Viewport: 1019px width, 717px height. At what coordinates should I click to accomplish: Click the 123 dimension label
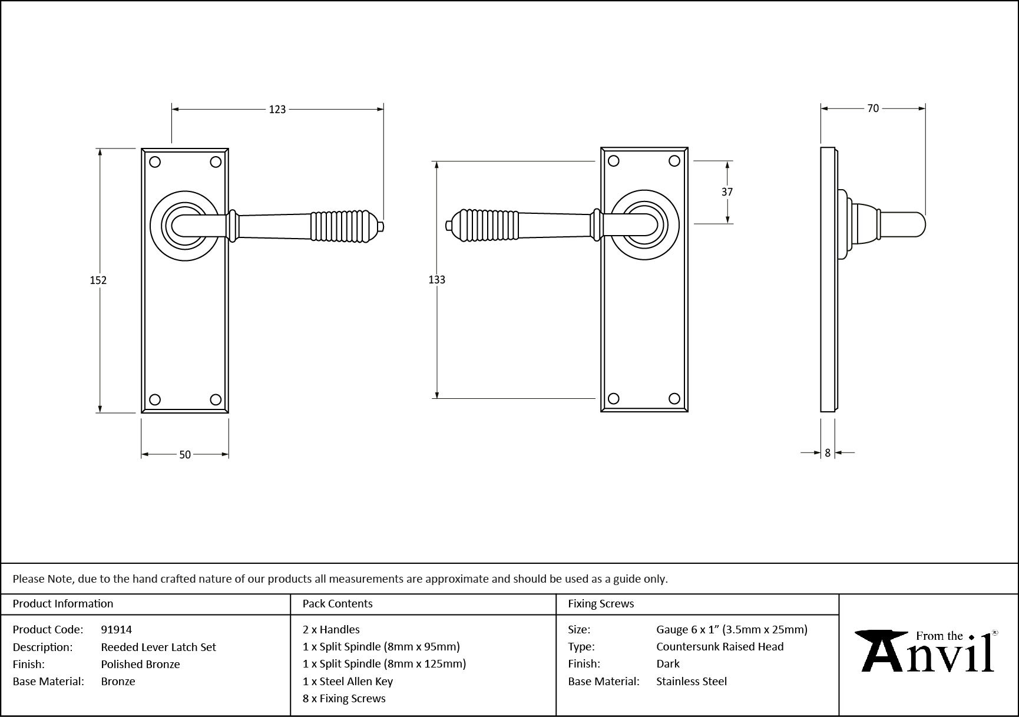(x=277, y=109)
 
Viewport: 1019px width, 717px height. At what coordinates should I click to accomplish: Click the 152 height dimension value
(x=98, y=280)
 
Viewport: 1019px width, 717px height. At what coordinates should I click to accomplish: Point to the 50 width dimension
(x=185, y=454)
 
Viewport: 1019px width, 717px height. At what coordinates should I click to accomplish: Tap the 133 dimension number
(x=436, y=280)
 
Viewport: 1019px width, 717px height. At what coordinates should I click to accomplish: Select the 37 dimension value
(x=727, y=192)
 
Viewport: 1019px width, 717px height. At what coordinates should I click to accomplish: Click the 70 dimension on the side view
(x=872, y=108)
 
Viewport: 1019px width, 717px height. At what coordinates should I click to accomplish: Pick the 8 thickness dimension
(x=828, y=452)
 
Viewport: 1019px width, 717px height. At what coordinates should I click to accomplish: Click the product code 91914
(x=117, y=629)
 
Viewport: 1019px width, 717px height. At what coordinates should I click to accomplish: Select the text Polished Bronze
(x=140, y=664)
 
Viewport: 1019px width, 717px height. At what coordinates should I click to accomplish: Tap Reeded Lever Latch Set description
(x=158, y=647)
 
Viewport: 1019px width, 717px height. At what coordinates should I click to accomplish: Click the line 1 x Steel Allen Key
(x=348, y=681)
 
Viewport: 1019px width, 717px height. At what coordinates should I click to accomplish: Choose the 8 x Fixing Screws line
(x=344, y=698)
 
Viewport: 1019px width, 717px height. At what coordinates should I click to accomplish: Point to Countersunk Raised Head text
(x=720, y=646)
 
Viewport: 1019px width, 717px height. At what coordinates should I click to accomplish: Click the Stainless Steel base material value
(x=692, y=681)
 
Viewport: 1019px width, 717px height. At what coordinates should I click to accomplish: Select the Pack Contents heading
(x=338, y=603)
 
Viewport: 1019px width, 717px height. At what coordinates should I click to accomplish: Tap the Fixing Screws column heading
(x=601, y=603)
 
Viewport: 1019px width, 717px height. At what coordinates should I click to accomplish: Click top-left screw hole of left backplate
(x=155, y=161)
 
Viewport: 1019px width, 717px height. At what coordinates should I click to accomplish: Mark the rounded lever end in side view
(x=917, y=224)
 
